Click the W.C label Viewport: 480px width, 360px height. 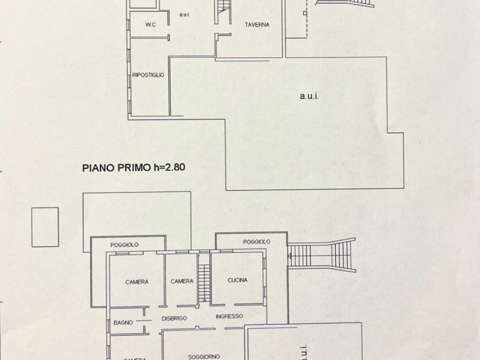[x=150, y=25]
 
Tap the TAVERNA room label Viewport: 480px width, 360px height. [x=257, y=25]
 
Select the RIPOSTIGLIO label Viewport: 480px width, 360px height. [x=148, y=75]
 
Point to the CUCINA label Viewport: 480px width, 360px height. [x=237, y=281]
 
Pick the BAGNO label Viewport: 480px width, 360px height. [x=123, y=322]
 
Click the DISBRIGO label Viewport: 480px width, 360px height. [x=174, y=318]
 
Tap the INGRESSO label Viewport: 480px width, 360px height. [x=229, y=316]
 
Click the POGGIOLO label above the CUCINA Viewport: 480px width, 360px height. [x=256, y=242]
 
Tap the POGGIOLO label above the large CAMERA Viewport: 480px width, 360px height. [x=124, y=245]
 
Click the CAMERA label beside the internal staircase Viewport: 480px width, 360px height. [x=182, y=281]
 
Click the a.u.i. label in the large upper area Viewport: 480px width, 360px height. [x=313, y=97]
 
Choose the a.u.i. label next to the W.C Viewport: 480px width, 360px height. [x=184, y=15]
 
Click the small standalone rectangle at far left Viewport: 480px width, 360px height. [x=45, y=227]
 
